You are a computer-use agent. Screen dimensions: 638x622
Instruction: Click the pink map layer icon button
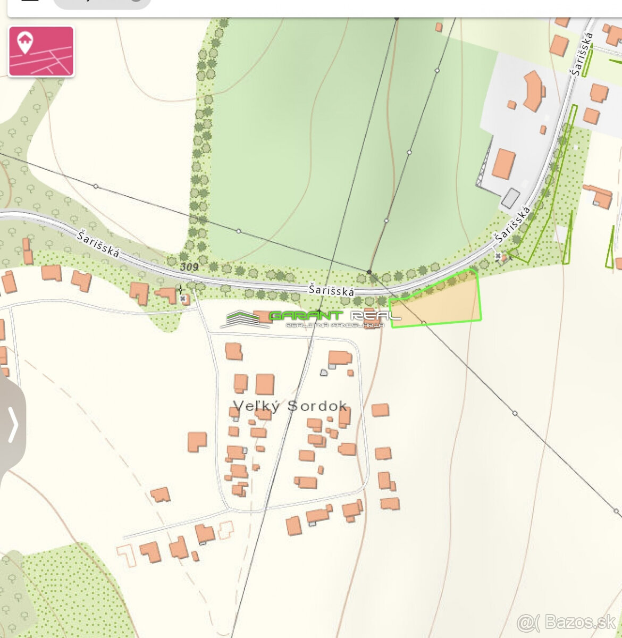pos(41,52)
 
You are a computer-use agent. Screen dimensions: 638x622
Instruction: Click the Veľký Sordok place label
pos(290,406)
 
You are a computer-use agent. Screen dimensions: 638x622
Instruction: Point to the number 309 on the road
pos(189,267)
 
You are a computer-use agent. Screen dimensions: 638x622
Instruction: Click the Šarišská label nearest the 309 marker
pos(98,244)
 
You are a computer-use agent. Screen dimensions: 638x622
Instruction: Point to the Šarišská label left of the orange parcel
pos(331,290)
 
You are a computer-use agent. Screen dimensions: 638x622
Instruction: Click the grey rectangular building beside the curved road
pos(510,198)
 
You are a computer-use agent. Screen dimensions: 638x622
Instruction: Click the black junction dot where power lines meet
pos(369,272)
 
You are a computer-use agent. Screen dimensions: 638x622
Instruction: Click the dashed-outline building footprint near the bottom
pos(227,529)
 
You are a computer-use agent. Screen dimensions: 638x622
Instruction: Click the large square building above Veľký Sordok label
pos(265,384)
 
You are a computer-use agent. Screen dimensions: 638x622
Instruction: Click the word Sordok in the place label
pos(317,406)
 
